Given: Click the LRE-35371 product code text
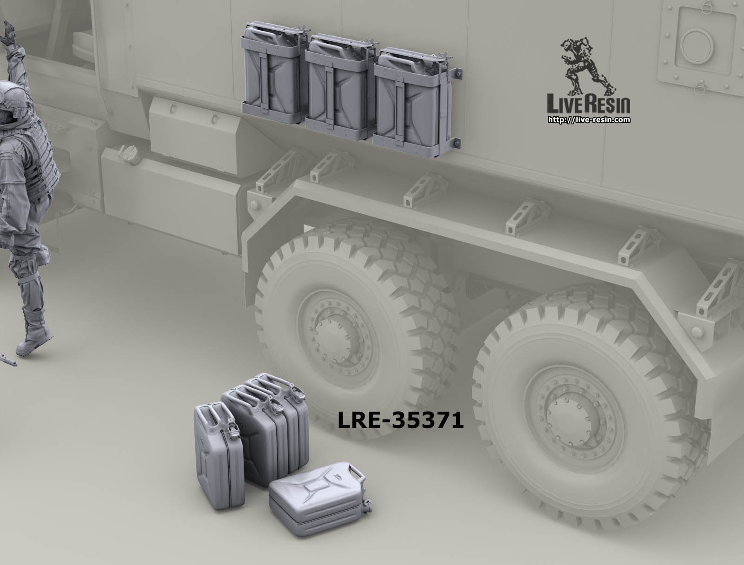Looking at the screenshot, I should (x=400, y=420).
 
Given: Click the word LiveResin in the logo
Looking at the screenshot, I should (x=588, y=104).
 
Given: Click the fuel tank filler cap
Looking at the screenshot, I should (x=129, y=154).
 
